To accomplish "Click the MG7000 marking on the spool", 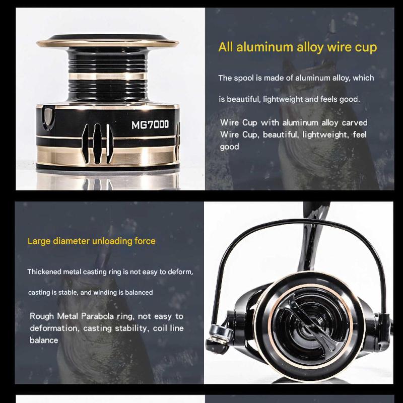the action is coord(150,124).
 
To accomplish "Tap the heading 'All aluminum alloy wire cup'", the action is coord(298,47).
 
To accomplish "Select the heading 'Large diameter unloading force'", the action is coord(92,241).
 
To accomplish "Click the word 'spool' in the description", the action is coord(244,78).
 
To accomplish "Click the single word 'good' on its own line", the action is coord(229,147).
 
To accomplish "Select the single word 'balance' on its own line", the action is coord(44,341).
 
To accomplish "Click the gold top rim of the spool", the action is coord(107,43).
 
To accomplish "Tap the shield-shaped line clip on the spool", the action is coord(48,118).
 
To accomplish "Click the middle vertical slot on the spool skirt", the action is coord(97,143).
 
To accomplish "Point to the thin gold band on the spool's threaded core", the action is coord(107,77).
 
